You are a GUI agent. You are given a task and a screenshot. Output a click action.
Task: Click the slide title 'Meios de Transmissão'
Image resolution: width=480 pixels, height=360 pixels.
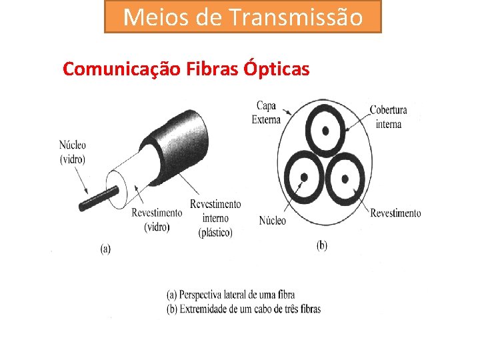(x=243, y=17)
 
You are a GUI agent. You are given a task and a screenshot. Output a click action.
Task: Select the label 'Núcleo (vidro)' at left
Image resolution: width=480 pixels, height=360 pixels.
(x=72, y=152)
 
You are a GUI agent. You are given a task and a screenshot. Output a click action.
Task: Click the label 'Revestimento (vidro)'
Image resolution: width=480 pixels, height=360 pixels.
(x=157, y=219)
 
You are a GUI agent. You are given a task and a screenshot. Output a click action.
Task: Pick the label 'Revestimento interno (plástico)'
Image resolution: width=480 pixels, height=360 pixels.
(x=215, y=218)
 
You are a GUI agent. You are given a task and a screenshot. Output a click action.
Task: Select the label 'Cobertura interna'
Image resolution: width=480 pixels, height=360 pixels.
(x=388, y=117)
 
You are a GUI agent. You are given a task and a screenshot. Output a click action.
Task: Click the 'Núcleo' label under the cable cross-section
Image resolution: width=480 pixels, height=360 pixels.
(x=272, y=220)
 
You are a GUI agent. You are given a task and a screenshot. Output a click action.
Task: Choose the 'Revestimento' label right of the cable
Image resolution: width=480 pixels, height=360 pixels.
(x=395, y=213)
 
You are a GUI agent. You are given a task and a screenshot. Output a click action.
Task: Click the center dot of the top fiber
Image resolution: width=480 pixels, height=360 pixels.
(x=325, y=131)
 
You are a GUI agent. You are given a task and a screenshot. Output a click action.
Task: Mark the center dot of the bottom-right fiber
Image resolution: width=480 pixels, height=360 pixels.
(x=345, y=178)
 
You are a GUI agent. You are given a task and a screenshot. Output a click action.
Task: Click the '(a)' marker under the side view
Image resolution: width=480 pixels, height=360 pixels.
(x=105, y=249)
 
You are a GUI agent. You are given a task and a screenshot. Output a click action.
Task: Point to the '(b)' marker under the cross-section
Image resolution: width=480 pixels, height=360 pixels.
(x=321, y=245)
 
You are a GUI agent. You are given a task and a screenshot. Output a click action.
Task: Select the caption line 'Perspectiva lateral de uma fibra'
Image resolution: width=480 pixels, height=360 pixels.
(x=230, y=295)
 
